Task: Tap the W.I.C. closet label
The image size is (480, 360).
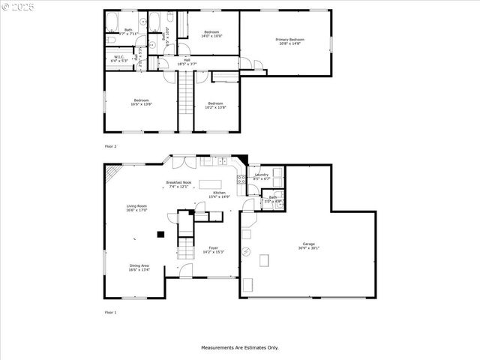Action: [x=118, y=58]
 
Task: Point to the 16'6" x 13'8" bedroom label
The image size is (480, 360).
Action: [x=141, y=102]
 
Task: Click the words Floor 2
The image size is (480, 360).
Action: [x=110, y=146]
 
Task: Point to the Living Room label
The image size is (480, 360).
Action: [x=136, y=208]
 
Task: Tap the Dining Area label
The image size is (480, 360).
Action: [x=139, y=267]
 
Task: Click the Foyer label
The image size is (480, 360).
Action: [x=214, y=250]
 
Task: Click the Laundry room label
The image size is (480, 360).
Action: [x=261, y=177]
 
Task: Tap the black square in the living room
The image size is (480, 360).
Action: [x=160, y=235]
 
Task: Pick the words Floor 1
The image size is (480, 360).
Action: [x=110, y=311]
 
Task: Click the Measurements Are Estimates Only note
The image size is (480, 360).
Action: [x=239, y=347]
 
